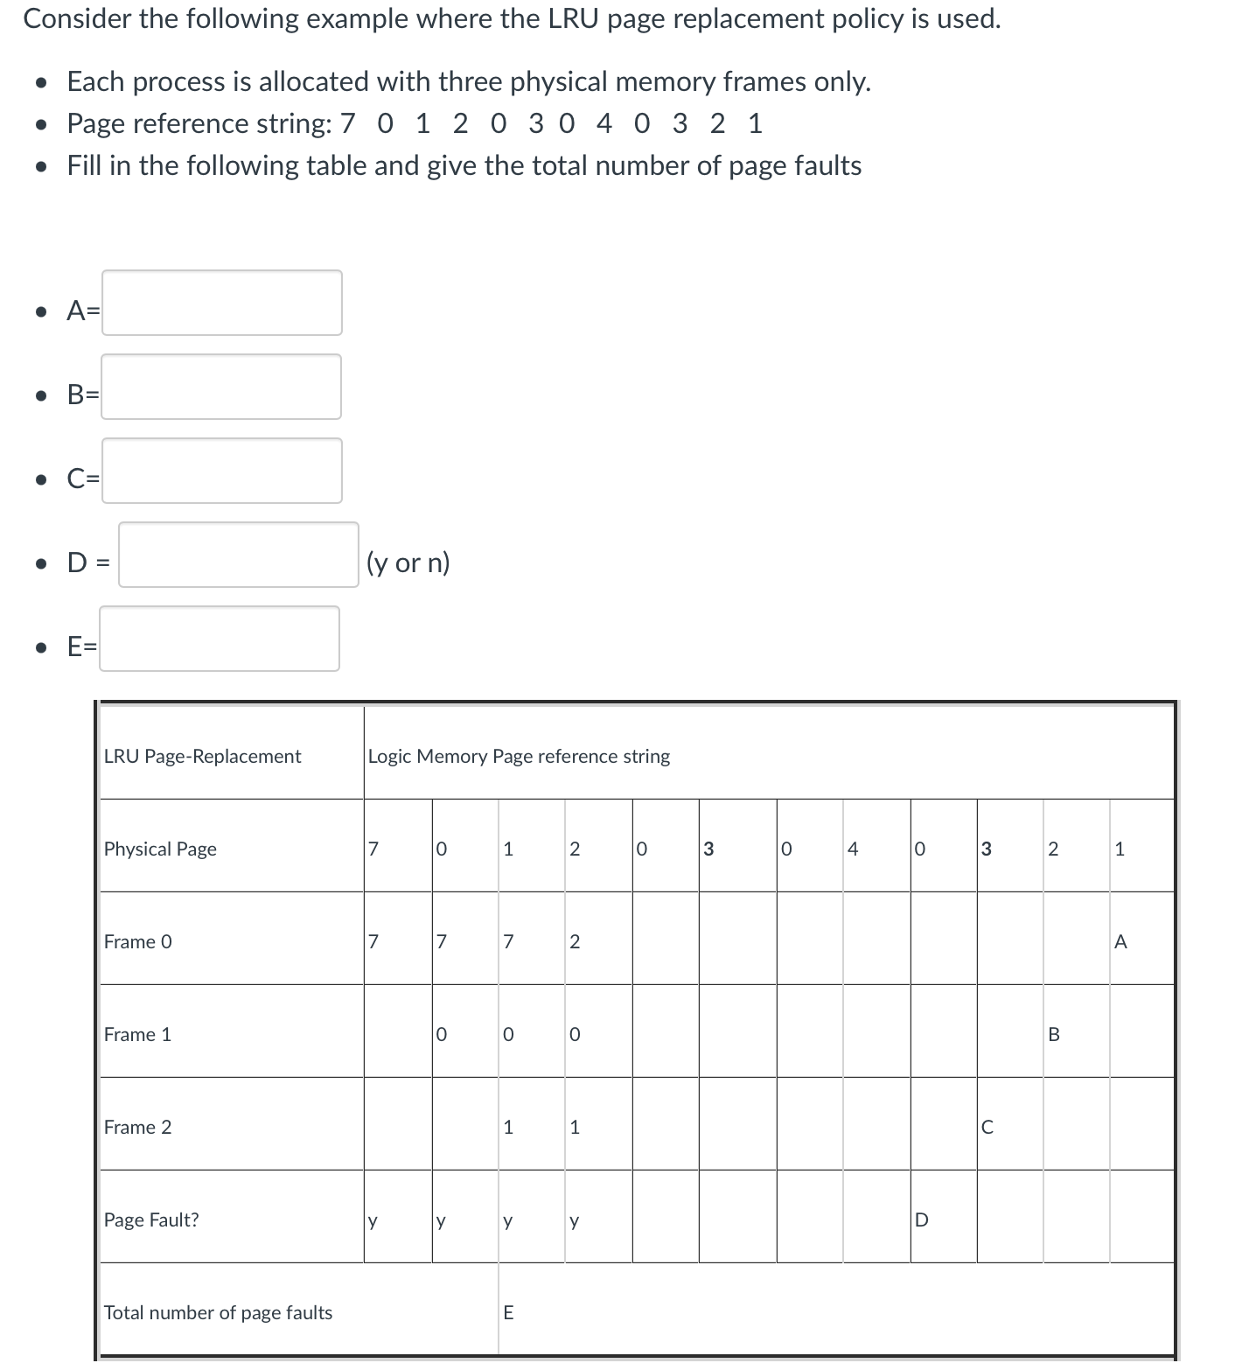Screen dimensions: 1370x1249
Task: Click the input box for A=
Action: click(221, 303)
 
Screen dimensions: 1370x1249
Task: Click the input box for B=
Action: click(220, 387)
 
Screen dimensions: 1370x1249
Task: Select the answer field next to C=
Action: click(221, 471)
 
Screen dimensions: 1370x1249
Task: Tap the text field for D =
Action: click(238, 555)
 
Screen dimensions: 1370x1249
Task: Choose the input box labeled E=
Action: click(219, 639)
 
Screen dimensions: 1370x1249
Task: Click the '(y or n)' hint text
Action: click(408, 563)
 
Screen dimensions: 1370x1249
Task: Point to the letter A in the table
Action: click(1120, 942)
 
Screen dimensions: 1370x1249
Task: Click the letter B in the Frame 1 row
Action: click(1053, 1035)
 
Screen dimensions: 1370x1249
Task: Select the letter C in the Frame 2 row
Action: click(987, 1128)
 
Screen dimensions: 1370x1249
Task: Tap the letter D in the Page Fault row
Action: click(920, 1220)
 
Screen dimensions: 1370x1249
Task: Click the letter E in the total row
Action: click(508, 1313)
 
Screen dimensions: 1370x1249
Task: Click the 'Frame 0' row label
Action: click(138, 942)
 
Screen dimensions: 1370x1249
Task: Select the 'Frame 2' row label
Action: click(138, 1128)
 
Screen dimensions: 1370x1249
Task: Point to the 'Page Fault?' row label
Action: click(151, 1220)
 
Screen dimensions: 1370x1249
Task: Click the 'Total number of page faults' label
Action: click(218, 1313)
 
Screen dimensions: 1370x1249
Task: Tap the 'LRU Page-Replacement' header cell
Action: click(202, 757)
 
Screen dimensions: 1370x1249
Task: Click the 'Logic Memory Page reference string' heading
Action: click(519, 757)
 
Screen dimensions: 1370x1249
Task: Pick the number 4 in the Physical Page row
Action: click(853, 849)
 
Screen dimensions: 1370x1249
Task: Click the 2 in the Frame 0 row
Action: click(575, 942)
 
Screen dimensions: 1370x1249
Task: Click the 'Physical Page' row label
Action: click(160, 849)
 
